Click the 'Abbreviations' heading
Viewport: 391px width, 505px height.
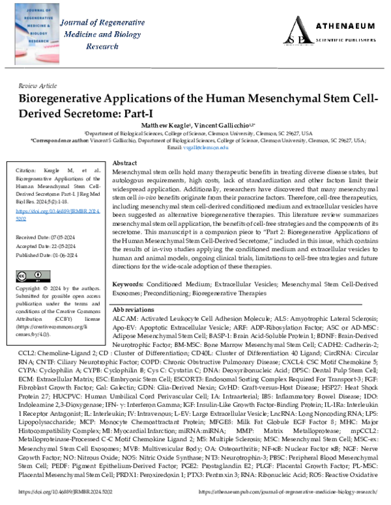[136, 311]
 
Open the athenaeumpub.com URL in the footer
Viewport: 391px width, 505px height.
[299, 493]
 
